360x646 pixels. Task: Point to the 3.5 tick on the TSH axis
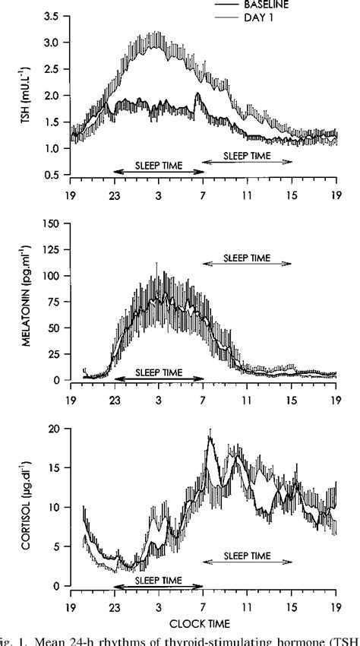click(52, 16)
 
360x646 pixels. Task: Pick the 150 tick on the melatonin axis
click(50, 224)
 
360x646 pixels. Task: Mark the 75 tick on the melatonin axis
click(52, 302)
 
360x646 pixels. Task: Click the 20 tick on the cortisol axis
click(52, 429)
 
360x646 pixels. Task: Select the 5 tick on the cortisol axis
click(55, 547)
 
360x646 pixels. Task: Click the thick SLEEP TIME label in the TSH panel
click(158, 164)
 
